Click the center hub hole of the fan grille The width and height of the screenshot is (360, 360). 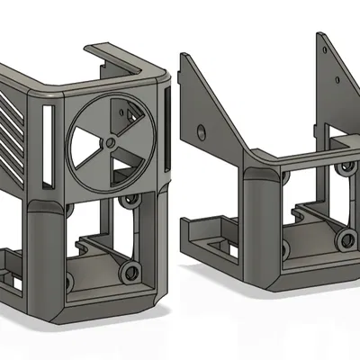pyautogui.click(x=110, y=141)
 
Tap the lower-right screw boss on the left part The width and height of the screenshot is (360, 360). pyautogui.click(x=131, y=271)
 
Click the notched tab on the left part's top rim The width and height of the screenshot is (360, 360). pyautogui.click(x=101, y=54)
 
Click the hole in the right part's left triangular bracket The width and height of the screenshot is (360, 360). pyautogui.click(x=199, y=131)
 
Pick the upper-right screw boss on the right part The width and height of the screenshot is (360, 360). pyautogui.click(x=343, y=168)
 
